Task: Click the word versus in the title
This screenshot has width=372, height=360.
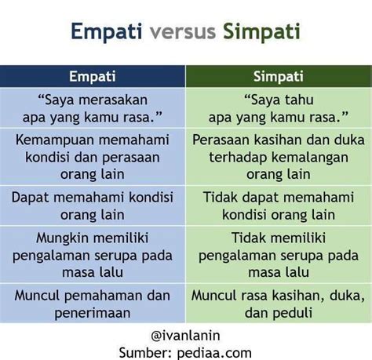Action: coord(183,31)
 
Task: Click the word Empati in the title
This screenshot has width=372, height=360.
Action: coord(107,32)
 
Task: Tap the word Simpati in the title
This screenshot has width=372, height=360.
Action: coord(261,32)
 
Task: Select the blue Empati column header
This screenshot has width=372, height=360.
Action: coord(93,76)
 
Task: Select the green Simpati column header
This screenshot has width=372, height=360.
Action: coord(279,76)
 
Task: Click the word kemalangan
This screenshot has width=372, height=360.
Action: coord(310,158)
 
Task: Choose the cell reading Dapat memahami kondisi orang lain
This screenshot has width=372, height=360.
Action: coord(93,205)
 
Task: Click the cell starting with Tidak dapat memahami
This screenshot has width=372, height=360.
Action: coord(279,205)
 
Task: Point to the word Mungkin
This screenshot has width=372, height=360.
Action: coord(63,238)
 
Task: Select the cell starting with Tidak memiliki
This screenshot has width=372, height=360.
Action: coord(279,254)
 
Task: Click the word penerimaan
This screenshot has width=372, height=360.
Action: coord(93,313)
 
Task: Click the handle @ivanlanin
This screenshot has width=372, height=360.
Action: coord(185,336)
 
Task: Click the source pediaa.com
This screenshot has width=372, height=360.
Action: coord(214,353)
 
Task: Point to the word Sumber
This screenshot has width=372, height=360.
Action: coord(145,353)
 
